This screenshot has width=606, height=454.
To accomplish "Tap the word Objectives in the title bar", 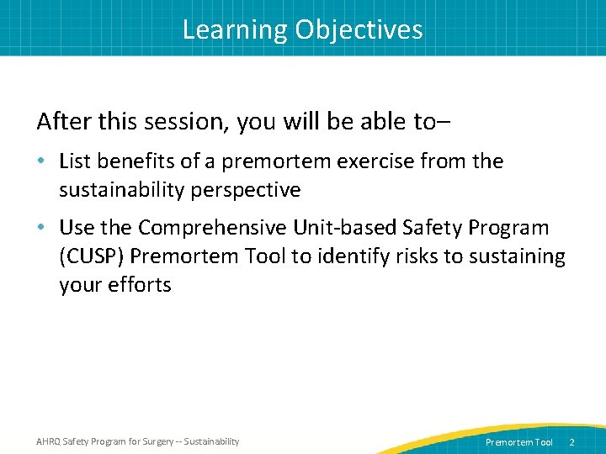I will pyautogui.click(x=359, y=30).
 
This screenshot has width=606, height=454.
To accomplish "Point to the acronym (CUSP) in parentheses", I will pyautogui.click(x=95, y=256).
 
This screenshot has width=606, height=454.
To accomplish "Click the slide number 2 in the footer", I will pyautogui.click(x=571, y=442).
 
